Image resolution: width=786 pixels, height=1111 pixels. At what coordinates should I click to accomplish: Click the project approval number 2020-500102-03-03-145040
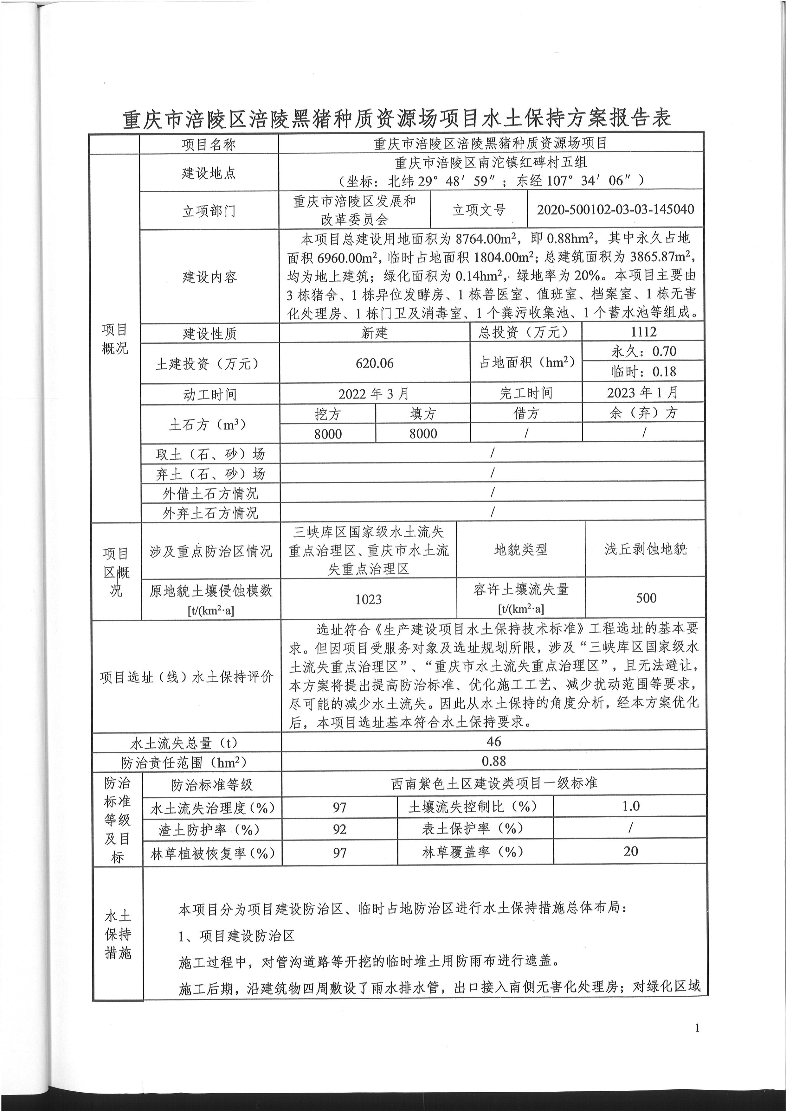[x=615, y=209]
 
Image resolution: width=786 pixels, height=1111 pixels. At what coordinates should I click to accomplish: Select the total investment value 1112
[x=643, y=332]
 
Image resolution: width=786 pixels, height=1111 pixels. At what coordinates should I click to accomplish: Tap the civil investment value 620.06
[x=375, y=363]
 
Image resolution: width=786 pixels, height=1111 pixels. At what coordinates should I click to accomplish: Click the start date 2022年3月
[x=374, y=393]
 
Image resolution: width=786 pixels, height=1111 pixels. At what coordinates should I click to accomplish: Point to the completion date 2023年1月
[x=643, y=393]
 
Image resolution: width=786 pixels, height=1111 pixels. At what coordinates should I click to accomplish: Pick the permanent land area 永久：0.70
[x=643, y=351]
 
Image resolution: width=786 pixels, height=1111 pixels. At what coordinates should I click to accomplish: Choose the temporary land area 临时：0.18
[x=643, y=372]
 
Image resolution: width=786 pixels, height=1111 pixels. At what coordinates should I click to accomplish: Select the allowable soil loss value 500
[x=646, y=598]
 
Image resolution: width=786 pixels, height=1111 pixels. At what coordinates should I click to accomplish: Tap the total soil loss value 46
[x=494, y=741]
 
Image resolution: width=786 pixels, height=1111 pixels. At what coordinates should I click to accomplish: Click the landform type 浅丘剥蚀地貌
[x=645, y=549]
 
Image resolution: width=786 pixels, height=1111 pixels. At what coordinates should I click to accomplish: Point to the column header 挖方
[x=328, y=414]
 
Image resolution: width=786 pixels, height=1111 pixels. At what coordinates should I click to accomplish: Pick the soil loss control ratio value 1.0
[x=631, y=806]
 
